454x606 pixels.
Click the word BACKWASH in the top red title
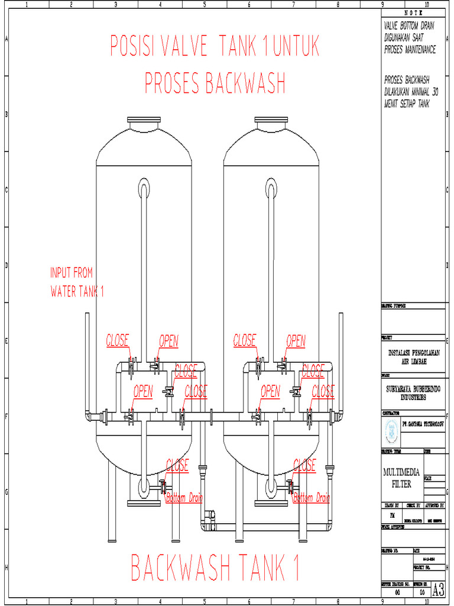tap(245, 83)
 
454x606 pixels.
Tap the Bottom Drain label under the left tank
tap(184, 498)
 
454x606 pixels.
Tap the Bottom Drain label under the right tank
tap(312, 498)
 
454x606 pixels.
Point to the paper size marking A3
tap(438, 589)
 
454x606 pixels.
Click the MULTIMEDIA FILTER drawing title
tap(403, 478)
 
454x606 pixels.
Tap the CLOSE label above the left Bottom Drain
tap(177, 465)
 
